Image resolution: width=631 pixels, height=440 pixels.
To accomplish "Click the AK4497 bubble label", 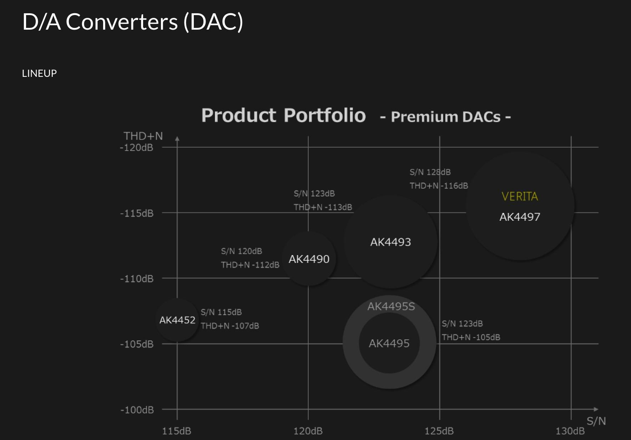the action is click(x=520, y=217).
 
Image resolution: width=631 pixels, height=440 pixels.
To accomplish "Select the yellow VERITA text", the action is click(x=520, y=197).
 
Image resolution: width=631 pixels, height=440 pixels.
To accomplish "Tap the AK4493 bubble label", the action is click(x=390, y=242).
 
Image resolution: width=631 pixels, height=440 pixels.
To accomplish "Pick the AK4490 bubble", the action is click(x=309, y=259).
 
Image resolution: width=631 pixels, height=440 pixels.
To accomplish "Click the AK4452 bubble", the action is click(x=177, y=320).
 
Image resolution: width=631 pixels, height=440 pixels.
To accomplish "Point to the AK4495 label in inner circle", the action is click(x=389, y=343).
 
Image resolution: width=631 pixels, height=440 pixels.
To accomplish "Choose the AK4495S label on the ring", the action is click(x=391, y=306).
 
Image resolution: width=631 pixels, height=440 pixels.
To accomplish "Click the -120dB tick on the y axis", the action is click(x=136, y=148).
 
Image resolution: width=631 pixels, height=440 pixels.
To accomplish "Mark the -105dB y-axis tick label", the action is click(x=137, y=344).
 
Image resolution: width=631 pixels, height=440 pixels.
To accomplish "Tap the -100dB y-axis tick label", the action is click(x=137, y=410).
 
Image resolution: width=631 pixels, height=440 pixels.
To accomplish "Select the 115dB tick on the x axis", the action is click(x=177, y=431).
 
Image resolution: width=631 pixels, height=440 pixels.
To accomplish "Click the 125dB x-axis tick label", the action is click(x=439, y=431).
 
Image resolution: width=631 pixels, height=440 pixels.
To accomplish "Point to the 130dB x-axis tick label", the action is click(x=570, y=431).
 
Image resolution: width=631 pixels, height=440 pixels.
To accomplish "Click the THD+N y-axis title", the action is click(x=143, y=136).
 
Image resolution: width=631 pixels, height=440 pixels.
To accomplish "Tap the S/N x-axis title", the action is click(x=596, y=421).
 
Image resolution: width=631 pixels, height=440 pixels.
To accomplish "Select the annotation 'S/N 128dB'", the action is click(x=430, y=172).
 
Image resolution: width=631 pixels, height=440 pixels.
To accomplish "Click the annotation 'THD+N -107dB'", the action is click(x=230, y=326).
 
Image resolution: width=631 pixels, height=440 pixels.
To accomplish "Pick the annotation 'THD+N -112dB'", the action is click(x=250, y=265).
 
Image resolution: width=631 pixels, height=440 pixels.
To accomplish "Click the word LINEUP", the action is click(x=39, y=73).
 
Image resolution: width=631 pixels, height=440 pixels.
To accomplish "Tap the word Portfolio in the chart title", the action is click(x=325, y=115).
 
